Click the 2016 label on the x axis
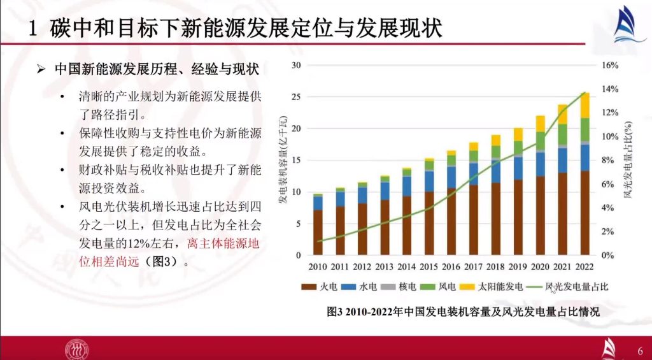pyautogui.click(x=451, y=267)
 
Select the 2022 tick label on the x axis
pyautogui.click(x=584, y=267)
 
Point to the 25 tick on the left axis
pyautogui.click(x=295, y=97)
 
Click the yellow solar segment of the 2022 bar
pyautogui.click(x=584, y=105)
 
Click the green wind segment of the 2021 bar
pyautogui.click(x=562, y=134)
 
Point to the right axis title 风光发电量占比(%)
pyautogui.click(x=627, y=160)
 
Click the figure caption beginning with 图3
pyautogui.click(x=463, y=312)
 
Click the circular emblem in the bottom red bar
pyautogui.click(x=77, y=349)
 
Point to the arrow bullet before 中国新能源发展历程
pyautogui.click(x=42, y=69)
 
